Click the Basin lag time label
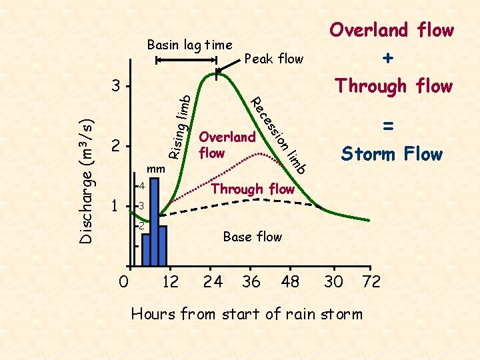(x=189, y=45)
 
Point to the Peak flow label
(x=274, y=59)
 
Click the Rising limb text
(x=179, y=127)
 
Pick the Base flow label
(x=252, y=237)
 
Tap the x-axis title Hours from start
(x=247, y=313)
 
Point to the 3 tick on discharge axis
(x=116, y=87)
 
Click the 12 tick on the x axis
(x=171, y=282)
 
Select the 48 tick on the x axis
(x=290, y=282)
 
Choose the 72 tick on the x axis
(x=371, y=282)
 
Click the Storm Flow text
(x=391, y=155)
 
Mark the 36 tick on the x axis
(x=251, y=282)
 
